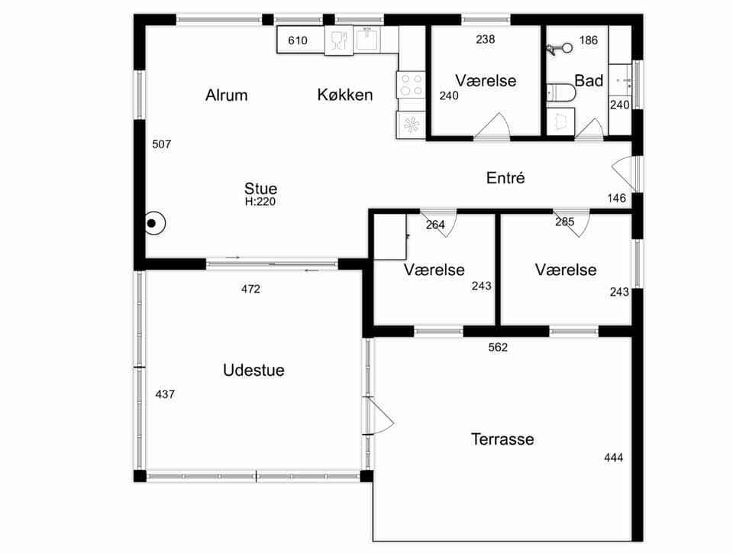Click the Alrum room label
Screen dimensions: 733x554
pyautogui.click(x=226, y=95)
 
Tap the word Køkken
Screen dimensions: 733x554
pyautogui.click(x=345, y=95)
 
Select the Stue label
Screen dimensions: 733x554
pyautogui.click(x=260, y=188)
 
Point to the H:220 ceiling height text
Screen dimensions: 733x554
pyautogui.click(x=260, y=202)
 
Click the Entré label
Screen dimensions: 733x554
pyautogui.click(x=505, y=178)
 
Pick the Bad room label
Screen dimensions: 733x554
pyautogui.click(x=589, y=80)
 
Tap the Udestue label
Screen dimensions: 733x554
pyautogui.click(x=253, y=370)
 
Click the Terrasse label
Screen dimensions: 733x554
pyautogui.click(x=502, y=439)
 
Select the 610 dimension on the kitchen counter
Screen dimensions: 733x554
pyautogui.click(x=297, y=40)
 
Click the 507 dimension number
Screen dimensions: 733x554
pyautogui.click(x=161, y=144)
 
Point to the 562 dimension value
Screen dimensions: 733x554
pyautogui.click(x=498, y=347)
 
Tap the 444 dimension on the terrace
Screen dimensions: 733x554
pyautogui.click(x=613, y=458)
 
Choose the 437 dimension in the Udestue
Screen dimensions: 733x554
pyautogui.click(x=165, y=394)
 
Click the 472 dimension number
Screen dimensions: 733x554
pyautogui.click(x=250, y=289)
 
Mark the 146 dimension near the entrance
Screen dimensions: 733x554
pyautogui.click(x=617, y=199)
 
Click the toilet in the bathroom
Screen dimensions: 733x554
pyautogui.click(x=561, y=92)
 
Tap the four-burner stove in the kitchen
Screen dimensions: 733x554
pyautogui.click(x=411, y=85)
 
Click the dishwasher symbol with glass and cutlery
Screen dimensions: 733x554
pyautogui.click(x=339, y=40)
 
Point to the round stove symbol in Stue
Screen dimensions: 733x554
pyautogui.click(x=155, y=224)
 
